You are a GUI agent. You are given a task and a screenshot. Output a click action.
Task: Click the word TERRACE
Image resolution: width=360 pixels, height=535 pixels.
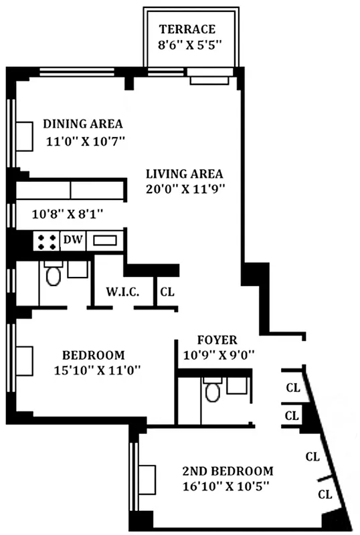point(187,29)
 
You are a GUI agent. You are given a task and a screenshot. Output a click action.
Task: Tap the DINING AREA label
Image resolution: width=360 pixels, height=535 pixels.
point(83,124)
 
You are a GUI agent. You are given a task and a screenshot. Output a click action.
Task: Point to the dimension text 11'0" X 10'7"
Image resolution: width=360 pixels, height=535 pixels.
point(86,141)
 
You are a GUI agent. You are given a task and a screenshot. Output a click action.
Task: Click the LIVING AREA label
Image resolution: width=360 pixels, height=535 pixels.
point(184,173)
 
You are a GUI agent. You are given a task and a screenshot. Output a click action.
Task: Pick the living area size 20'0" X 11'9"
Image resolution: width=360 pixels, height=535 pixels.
point(184,189)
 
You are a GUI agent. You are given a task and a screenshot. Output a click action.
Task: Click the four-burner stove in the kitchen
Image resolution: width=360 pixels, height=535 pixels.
point(46,241)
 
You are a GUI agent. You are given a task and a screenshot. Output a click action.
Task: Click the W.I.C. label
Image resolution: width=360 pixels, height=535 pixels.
point(122,292)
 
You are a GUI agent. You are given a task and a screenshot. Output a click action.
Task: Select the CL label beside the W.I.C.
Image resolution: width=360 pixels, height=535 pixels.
point(166,292)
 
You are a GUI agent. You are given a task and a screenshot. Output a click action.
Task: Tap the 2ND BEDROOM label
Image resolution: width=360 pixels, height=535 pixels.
point(228,469)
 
